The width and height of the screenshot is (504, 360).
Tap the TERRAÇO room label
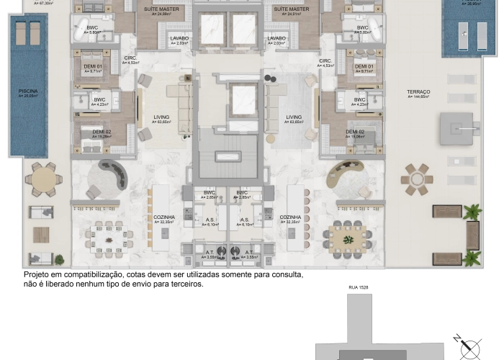point(418,91)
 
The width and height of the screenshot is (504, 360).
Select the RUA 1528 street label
point(358,287)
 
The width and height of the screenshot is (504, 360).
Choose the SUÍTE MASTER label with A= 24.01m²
point(291,9)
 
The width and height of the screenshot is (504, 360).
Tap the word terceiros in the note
point(185,284)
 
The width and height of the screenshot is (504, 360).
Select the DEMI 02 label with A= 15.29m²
point(92,132)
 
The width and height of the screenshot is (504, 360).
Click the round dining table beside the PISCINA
point(43,178)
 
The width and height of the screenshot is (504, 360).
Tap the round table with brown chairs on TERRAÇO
point(417,179)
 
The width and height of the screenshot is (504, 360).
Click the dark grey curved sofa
point(112,176)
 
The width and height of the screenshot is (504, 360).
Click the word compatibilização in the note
point(97,275)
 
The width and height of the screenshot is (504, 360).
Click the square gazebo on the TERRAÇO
point(459,129)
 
